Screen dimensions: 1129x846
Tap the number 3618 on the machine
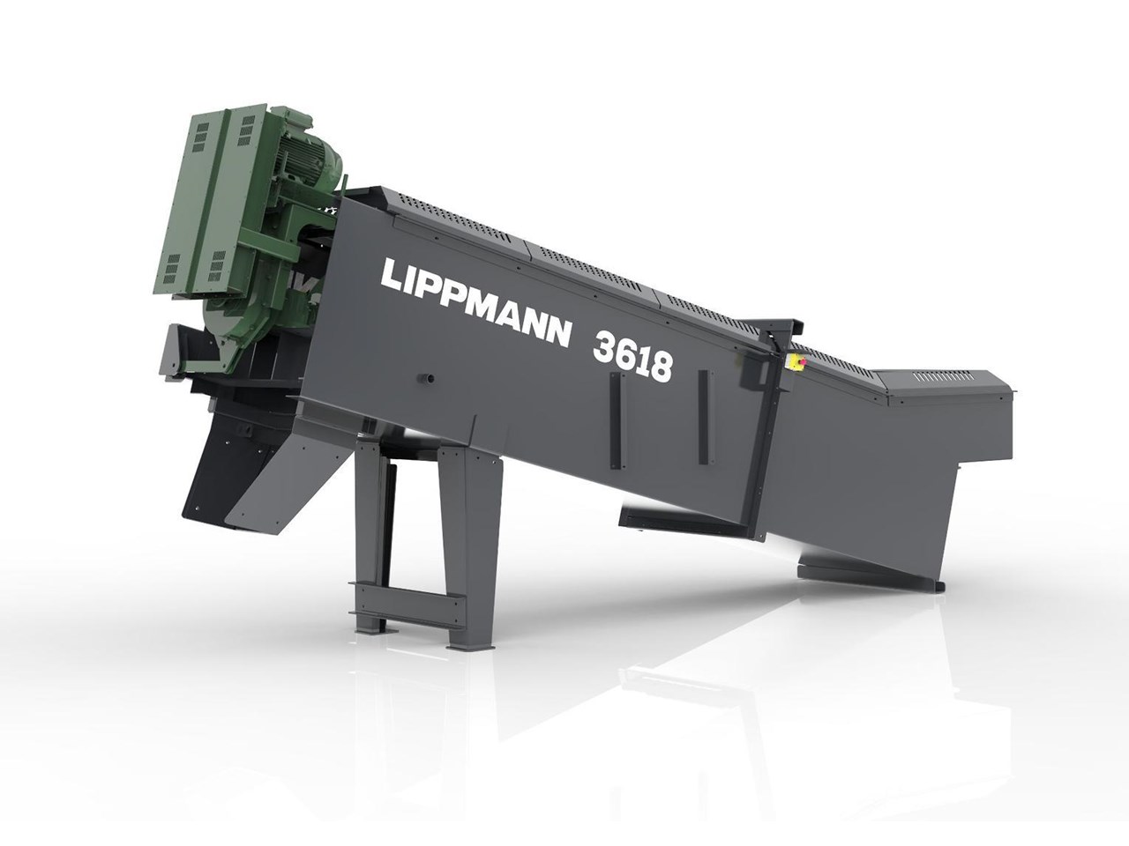pos(632,355)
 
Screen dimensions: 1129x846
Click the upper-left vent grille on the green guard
pos(205,136)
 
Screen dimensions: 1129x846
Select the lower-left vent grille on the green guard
pos(172,268)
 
